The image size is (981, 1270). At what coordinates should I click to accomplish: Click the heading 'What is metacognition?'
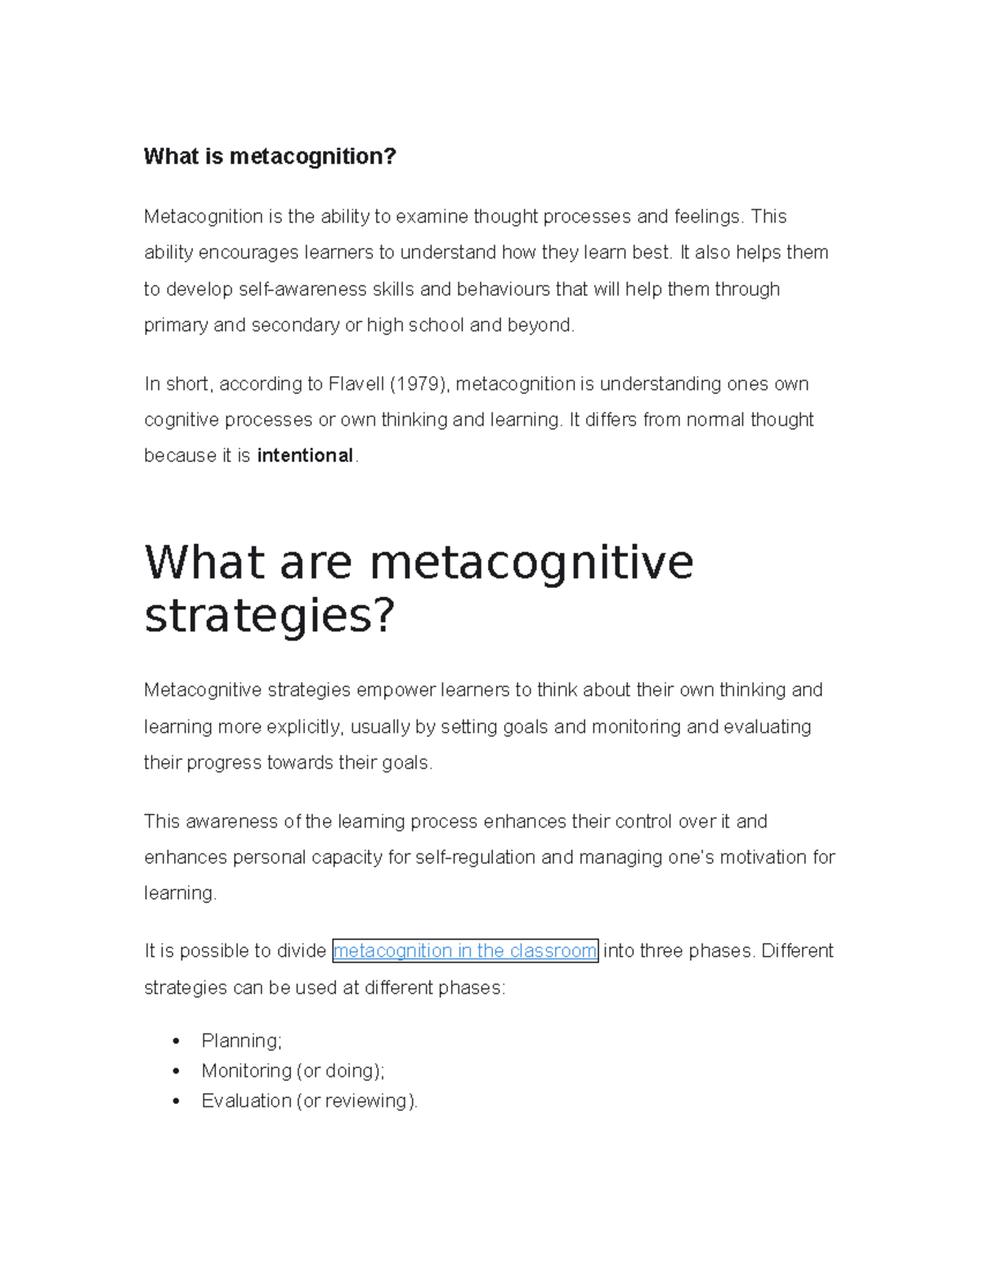tap(270, 156)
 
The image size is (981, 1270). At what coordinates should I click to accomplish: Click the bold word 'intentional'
tap(305, 455)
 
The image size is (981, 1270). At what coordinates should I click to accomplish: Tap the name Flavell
tap(356, 384)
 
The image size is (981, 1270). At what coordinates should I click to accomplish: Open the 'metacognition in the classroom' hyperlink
tap(465, 951)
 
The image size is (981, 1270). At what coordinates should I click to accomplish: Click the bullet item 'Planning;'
tap(241, 1041)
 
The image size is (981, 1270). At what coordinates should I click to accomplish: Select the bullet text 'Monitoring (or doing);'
tap(293, 1071)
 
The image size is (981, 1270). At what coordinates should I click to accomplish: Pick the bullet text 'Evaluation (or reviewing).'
tap(309, 1102)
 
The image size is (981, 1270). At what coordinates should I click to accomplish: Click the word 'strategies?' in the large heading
tap(270, 616)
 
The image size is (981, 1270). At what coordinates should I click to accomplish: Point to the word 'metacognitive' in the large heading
tap(531, 563)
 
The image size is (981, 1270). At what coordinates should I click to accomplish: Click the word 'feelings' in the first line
tap(707, 217)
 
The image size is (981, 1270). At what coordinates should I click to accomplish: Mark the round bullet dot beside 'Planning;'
tap(176, 1041)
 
